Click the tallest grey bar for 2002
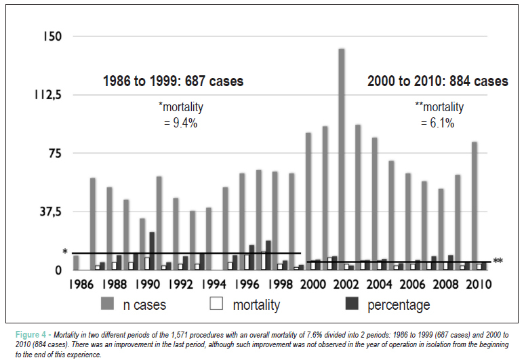pyautogui.click(x=342, y=159)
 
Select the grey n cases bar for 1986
pyautogui.click(x=76, y=263)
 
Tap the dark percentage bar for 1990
pyautogui.click(x=152, y=251)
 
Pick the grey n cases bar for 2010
pyautogui.click(x=475, y=206)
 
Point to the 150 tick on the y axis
pyautogui.click(x=52, y=36)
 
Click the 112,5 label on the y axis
pyautogui.click(x=47, y=95)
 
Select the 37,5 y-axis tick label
pyautogui.click(x=51, y=212)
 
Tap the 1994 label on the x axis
pyautogui.click(x=214, y=285)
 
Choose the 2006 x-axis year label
pyautogui.click(x=412, y=285)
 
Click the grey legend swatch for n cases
pyautogui.click(x=107, y=304)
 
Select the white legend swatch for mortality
pyautogui.click(x=216, y=304)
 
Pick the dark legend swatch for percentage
pyautogui.click(x=352, y=304)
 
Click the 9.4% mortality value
pyautogui.click(x=185, y=123)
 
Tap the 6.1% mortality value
pyautogui.click(x=442, y=123)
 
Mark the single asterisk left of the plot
pyautogui.click(x=65, y=252)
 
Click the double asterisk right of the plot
pyautogui.click(x=498, y=261)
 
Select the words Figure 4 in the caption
pyautogui.click(x=31, y=335)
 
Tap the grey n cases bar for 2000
pyautogui.click(x=308, y=201)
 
